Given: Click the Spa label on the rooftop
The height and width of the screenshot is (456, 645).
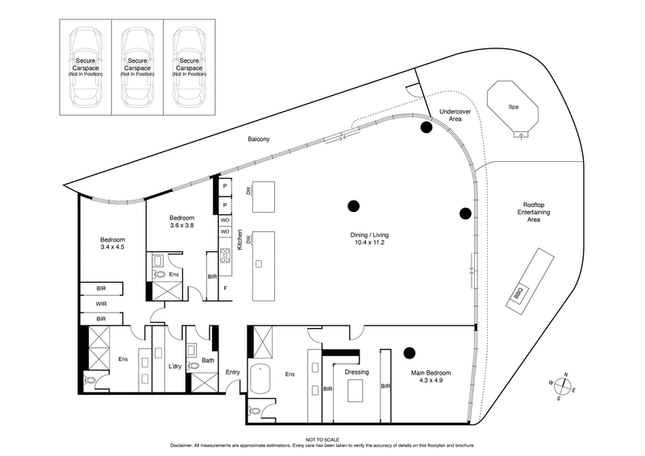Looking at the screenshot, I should tap(512, 106).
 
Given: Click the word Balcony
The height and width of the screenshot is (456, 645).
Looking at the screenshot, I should tap(259, 139).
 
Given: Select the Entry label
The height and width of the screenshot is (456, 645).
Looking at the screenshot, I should tap(232, 371).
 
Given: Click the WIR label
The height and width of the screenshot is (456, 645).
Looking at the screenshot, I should tap(101, 304).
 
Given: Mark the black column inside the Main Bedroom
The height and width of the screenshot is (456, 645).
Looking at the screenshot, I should tap(409, 352).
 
